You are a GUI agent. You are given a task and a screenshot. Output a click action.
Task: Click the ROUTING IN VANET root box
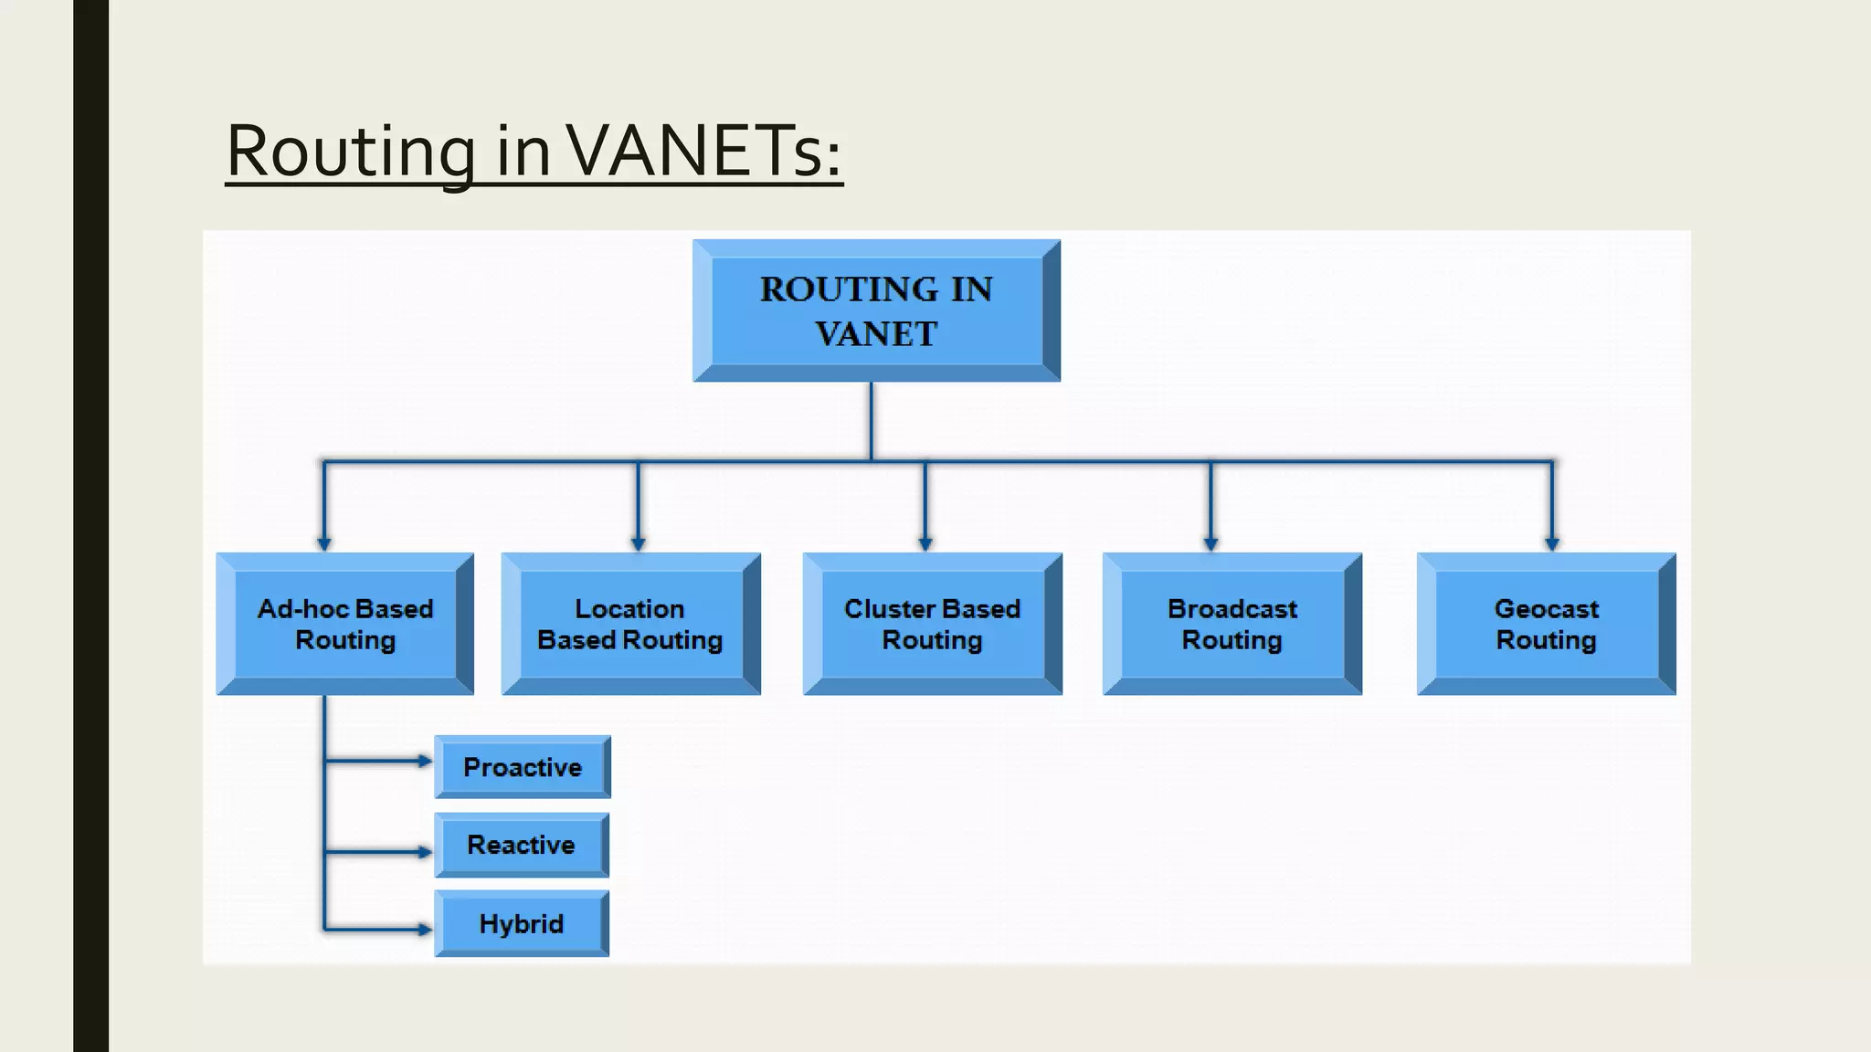pos(876,310)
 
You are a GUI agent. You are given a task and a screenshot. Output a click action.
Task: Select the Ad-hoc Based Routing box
pos(345,625)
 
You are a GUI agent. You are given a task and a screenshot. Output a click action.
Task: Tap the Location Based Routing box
pos(630,625)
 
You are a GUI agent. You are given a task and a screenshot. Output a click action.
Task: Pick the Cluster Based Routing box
pos(932,625)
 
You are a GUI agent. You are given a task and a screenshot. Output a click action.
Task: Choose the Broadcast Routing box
pos(1231,625)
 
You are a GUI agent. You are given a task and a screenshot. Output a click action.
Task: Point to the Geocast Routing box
pos(1546,625)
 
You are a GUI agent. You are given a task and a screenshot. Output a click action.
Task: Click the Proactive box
pos(522,767)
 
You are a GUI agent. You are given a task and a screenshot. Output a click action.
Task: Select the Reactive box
pos(521,845)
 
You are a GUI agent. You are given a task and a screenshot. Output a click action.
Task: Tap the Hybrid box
pos(521,924)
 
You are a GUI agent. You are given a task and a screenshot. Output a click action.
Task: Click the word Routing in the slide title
pos(351,150)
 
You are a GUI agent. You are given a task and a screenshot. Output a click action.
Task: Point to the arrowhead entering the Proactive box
pos(425,761)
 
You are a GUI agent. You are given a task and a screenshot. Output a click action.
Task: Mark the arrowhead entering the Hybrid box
pos(425,930)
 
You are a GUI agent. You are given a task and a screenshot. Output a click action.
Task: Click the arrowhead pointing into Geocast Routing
pos(1551,543)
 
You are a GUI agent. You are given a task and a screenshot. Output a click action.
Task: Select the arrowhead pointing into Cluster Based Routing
pos(925,543)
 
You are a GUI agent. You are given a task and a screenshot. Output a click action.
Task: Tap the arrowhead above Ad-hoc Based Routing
pos(323,543)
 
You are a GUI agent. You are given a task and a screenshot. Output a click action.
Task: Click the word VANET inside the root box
pos(876,334)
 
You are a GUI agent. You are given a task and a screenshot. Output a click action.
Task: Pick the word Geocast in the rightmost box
pos(1546,609)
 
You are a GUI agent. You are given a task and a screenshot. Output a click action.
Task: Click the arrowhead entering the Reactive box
pos(425,852)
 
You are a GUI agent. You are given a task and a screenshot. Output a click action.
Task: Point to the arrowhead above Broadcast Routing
pos(1210,543)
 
